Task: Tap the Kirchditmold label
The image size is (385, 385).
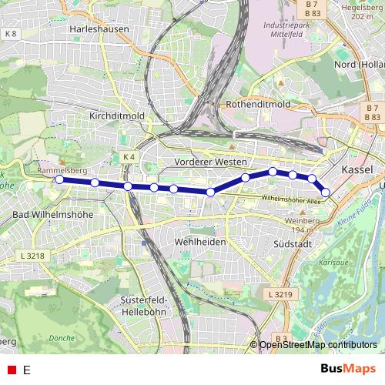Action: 118,115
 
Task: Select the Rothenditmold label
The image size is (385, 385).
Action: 258,104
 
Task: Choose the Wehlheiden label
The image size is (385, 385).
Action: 184,241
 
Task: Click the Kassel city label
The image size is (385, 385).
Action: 356,169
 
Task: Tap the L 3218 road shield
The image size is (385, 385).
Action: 35,254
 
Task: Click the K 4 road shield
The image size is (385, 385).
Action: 129,157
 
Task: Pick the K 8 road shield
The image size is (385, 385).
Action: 10,35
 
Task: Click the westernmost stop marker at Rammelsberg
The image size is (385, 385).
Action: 59,179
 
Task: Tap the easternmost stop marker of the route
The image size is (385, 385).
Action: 326,192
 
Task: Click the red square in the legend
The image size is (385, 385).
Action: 11,370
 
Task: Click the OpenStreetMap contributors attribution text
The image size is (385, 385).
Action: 317,344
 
